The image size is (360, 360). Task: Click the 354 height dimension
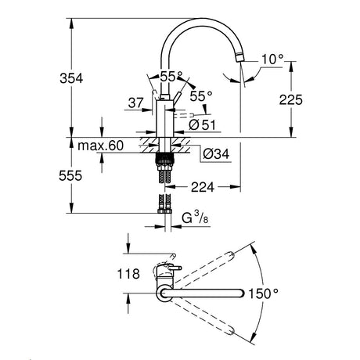(x=71, y=78)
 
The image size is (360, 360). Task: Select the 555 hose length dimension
(x=70, y=175)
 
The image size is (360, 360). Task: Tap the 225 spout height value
(x=291, y=99)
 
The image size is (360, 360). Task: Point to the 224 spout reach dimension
(x=203, y=187)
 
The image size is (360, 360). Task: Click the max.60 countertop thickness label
(x=101, y=146)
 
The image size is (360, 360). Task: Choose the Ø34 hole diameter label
(x=216, y=154)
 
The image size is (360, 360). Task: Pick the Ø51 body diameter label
(x=203, y=125)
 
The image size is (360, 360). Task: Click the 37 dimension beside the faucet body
(x=136, y=103)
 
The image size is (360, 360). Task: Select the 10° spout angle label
(x=272, y=59)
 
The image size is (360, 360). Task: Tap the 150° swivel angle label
(x=263, y=293)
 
